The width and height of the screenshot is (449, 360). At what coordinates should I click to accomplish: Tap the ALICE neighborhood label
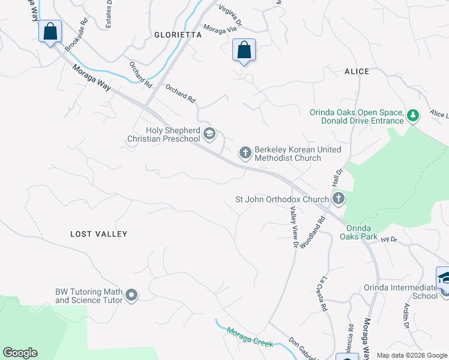click(x=357, y=71)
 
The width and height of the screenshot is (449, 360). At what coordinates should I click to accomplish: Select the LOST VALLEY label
click(x=99, y=234)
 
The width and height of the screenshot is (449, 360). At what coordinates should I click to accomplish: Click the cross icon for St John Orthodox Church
click(x=339, y=199)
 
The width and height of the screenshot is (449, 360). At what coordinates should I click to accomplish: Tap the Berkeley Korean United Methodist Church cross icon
click(x=245, y=154)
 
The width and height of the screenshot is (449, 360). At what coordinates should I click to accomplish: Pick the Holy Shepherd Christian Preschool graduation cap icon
click(x=209, y=134)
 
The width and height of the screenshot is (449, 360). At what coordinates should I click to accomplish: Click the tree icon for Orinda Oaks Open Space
click(x=412, y=115)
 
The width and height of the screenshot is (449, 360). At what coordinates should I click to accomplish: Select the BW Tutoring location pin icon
click(x=132, y=295)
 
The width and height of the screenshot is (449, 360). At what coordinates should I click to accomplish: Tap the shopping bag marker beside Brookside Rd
click(x=50, y=31)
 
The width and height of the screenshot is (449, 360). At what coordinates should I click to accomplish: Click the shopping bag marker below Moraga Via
click(x=244, y=50)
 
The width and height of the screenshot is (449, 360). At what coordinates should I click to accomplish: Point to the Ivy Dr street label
click(x=390, y=239)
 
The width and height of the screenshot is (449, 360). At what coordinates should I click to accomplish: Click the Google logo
click(x=20, y=353)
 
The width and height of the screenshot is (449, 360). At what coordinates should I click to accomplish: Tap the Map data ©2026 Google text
click(x=412, y=355)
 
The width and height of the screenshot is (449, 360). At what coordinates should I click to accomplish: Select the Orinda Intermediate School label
click(x=401, y=292)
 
